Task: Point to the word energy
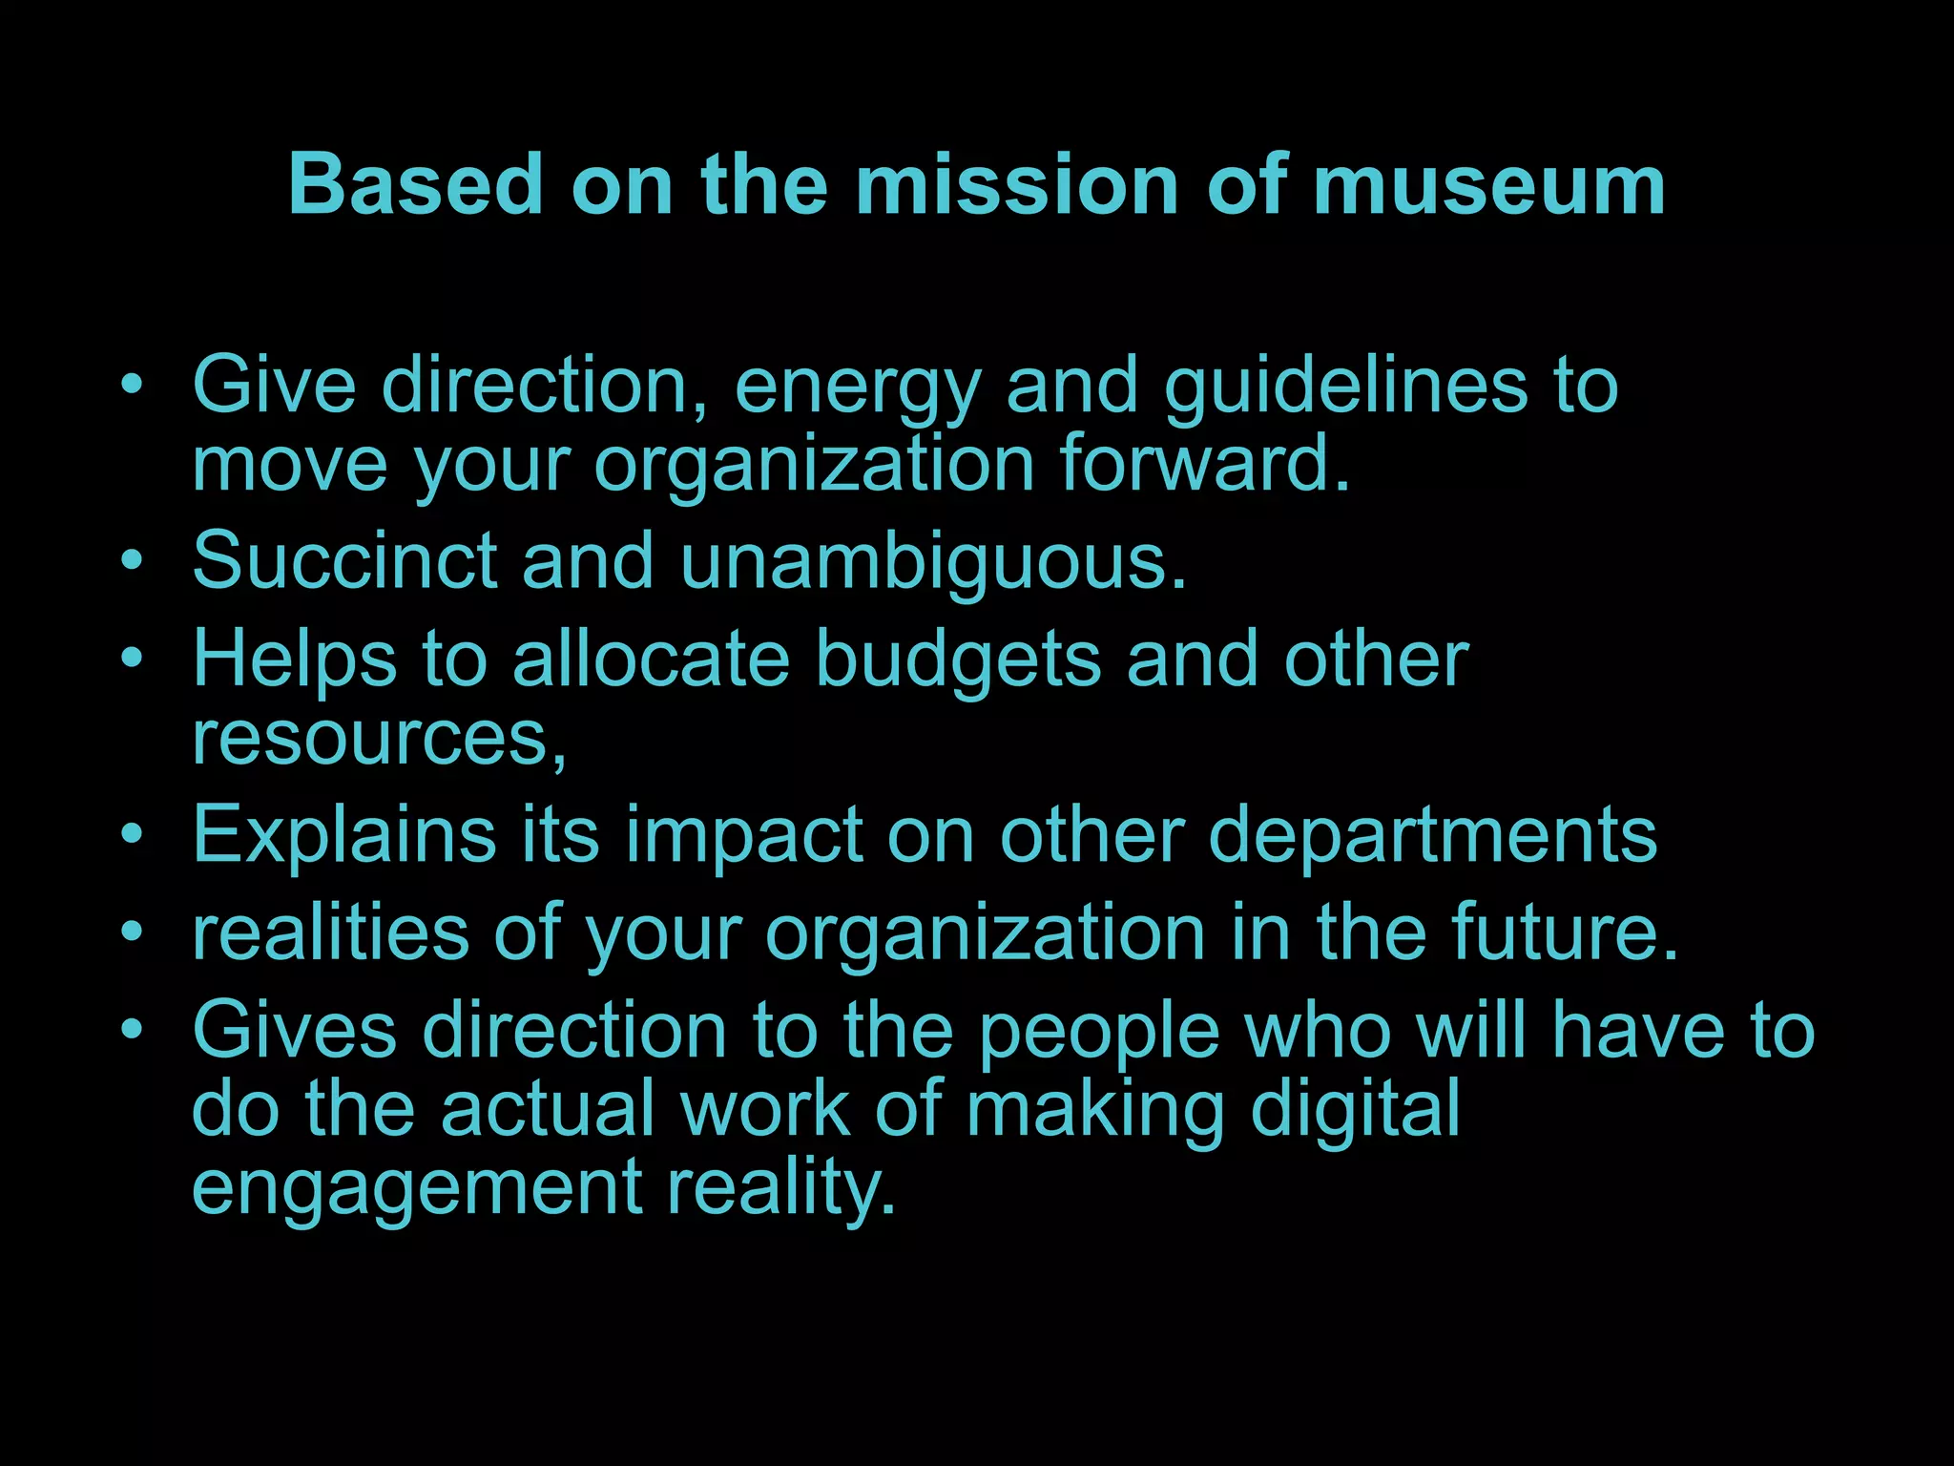click(858, 387)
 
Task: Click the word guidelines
click(1345, 387)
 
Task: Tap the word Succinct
click(344, 560)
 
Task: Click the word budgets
click(958, 660)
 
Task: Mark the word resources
click(378, 738)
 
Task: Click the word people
click(1099, 1033)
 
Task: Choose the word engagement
click(417, 1189)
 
